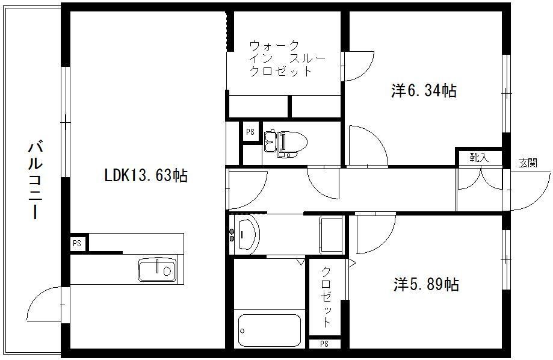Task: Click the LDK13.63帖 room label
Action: tap(146, 175)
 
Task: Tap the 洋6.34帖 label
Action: tap(424, 91)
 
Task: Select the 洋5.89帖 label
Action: tap(427, 284)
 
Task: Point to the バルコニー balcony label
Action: tap(36, 179)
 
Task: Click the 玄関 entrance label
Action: tap(528, 163)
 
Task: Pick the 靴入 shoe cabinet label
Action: tap(479, 157)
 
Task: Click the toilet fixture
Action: tap(286, 144)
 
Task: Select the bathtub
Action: tap(270, 331)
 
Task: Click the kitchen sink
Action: tap(157, 270)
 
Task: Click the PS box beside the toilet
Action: tap(250, 132)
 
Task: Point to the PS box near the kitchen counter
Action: tap(77, 243)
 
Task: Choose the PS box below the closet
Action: tap(324, 343)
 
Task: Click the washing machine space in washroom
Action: tap(331, 235)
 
